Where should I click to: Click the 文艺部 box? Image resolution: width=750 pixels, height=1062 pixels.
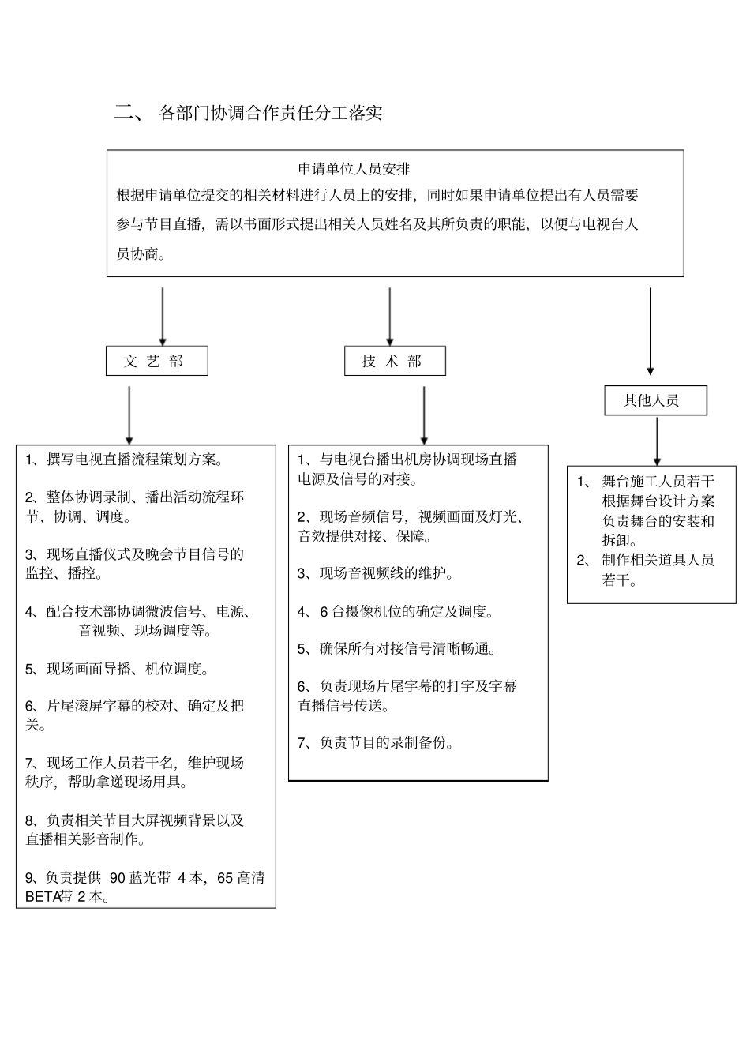coord(156,361)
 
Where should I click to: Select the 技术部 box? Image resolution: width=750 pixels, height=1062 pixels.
coord(395,361)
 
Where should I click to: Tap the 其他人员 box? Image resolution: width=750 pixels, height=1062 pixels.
coord(655,400)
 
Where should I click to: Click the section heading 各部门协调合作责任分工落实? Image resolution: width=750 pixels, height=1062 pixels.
coord(270,113)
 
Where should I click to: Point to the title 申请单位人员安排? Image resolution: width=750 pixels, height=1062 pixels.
coord(354,169)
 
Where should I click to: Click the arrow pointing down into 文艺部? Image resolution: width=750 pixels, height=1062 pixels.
coord(163,316)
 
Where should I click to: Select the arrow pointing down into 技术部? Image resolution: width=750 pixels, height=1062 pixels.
coord(390,316)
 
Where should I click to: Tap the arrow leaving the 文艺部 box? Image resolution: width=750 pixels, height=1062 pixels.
coord(129,415)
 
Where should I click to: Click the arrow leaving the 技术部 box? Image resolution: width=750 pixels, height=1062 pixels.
coord(424,415)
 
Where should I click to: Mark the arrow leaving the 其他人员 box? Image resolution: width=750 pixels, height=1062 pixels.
coord(657,441)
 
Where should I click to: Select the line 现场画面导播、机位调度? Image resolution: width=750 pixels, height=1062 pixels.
coord(126,670)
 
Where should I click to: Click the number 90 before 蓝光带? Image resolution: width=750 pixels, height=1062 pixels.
coord(118,878)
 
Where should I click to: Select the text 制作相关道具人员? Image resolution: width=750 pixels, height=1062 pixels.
coord(658,561)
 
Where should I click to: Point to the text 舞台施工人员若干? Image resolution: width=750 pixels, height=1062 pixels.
coord(658,482)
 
